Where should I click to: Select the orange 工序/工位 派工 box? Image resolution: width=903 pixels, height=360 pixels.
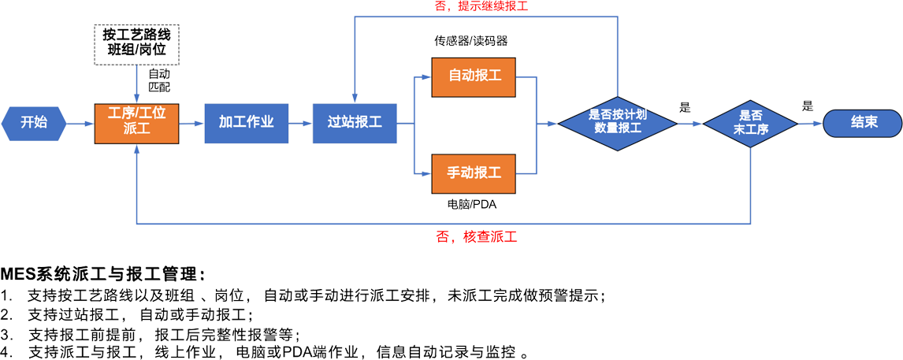[x=137, y=122]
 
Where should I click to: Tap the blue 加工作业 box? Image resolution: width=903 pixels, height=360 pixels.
[x=246, y=122]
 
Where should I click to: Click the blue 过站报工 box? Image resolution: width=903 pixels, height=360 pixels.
[x=355, y=122]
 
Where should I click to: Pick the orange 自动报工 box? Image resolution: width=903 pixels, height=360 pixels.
[x=474, y=76]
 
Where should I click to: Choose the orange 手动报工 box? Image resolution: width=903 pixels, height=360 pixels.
[x=474, y=172]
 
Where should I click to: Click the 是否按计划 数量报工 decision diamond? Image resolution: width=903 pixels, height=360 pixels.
[x=618, y=121]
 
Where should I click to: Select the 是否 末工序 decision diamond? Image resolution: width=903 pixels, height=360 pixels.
[x=750, y=122]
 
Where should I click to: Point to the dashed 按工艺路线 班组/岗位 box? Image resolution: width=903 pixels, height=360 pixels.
[x=136, y=44]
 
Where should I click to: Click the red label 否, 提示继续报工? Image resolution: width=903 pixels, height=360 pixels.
[x=481, y=6]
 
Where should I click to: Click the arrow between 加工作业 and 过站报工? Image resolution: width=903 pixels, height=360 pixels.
[x=299, y=123]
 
